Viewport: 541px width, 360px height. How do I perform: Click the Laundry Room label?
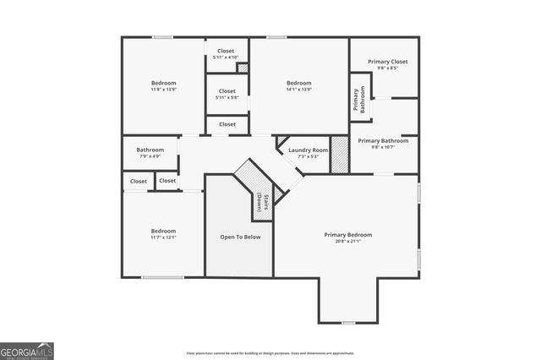308,150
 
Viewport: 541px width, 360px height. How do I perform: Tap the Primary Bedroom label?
348,234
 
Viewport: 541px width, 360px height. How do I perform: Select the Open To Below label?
240,237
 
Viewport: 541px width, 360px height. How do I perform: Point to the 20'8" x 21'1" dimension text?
348,242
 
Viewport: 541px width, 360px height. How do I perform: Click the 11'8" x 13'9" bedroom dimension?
164,89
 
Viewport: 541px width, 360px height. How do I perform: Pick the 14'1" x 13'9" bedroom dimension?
299,89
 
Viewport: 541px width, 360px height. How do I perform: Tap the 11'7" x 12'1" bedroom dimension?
164,237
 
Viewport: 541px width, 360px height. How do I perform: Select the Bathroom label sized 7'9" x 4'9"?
150,150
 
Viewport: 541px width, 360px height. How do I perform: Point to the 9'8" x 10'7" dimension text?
383,148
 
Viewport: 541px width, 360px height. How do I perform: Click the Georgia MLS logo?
27,351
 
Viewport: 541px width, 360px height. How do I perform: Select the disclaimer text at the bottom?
270,353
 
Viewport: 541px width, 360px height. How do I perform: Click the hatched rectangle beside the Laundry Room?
339,155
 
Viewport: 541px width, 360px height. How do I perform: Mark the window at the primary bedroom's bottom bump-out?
347,323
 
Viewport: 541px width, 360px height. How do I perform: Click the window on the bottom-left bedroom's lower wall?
163,277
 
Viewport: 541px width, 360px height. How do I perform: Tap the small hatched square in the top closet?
242,68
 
